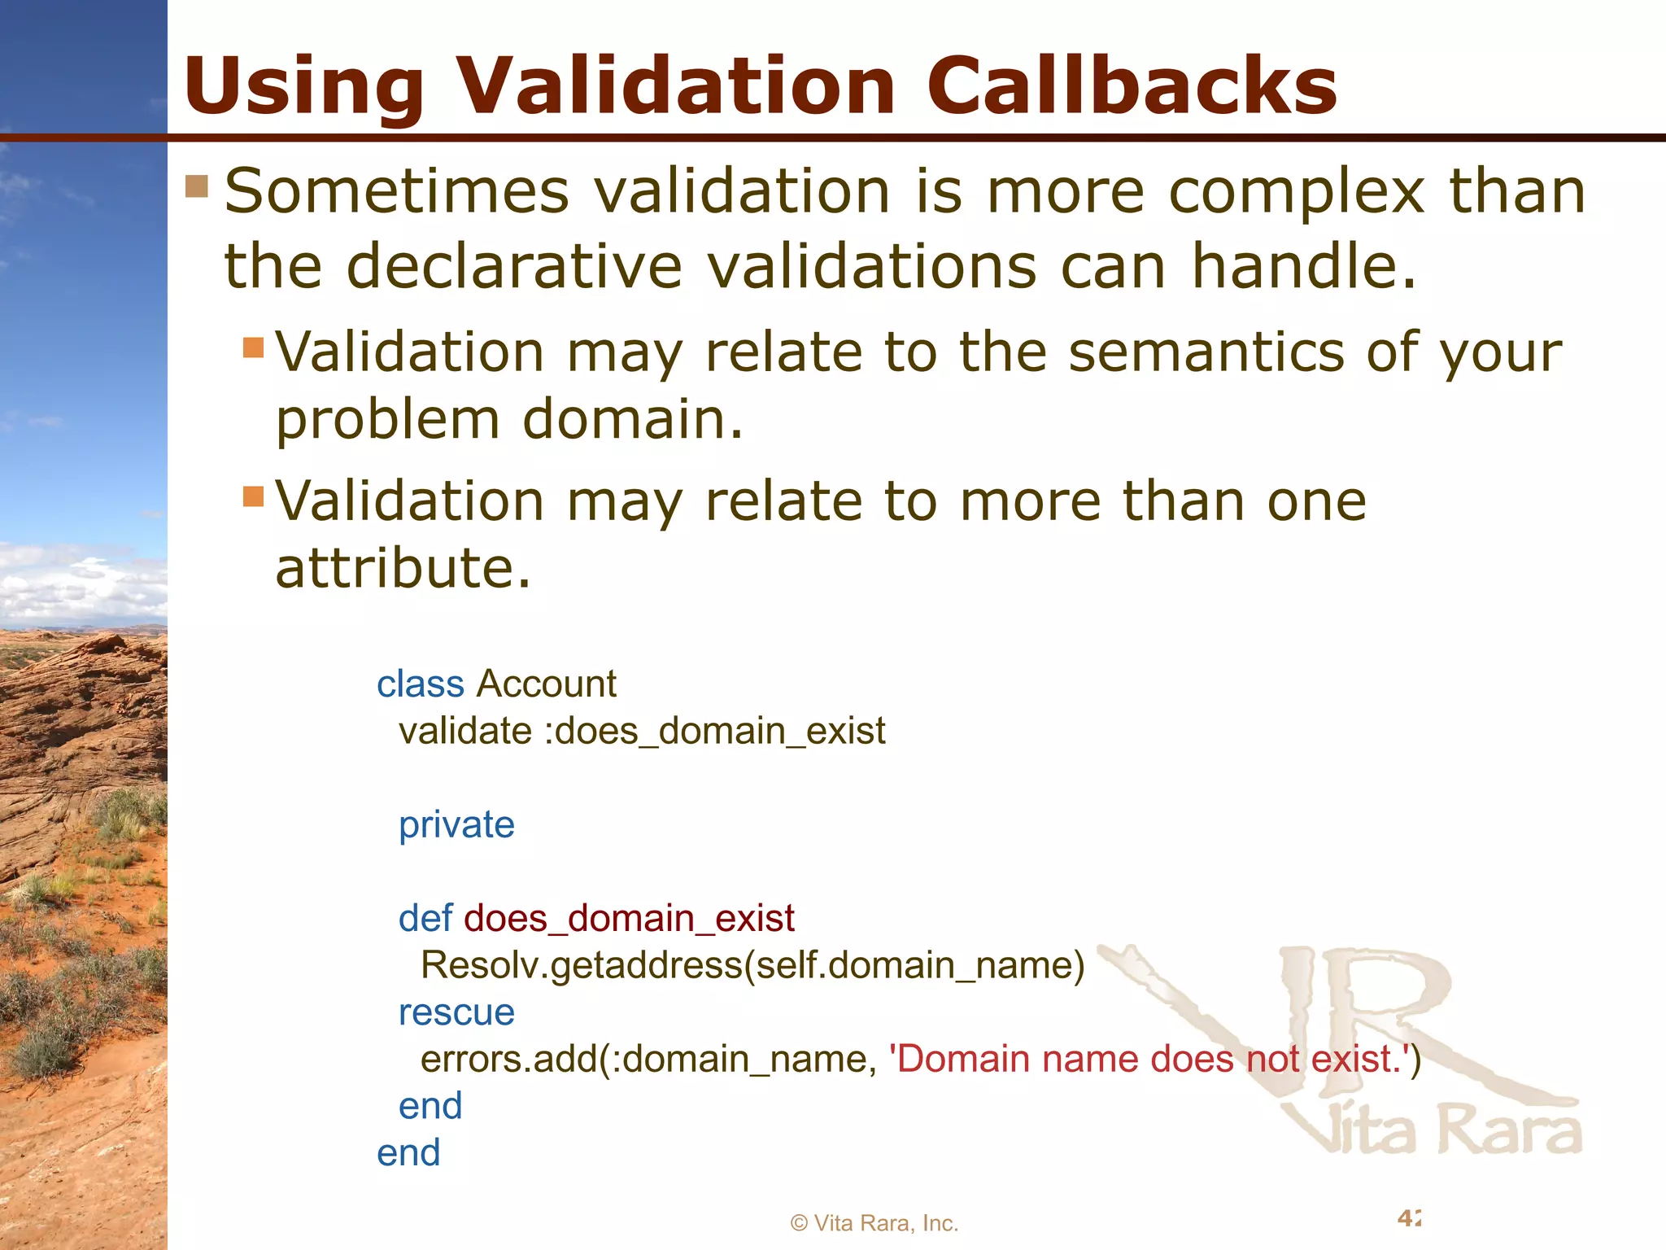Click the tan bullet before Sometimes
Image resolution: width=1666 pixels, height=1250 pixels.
(x=197, y=186)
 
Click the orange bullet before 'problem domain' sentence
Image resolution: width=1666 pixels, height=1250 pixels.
(x=254, y=347)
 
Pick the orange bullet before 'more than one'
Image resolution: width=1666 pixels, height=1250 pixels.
(x=254, y=496)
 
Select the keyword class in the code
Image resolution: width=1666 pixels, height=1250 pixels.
(x=420, y=684)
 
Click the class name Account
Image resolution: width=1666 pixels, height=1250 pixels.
(x=547, y=684)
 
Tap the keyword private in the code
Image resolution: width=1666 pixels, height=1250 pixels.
(x=456, y=825)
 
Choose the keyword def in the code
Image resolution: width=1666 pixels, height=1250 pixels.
(x=425, y=919)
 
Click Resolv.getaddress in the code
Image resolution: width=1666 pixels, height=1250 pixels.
(x=581, y=966)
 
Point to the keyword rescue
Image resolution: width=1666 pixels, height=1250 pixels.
(x=456, y=1013)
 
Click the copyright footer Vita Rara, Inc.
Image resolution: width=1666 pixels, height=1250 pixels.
(x=874, y=1223)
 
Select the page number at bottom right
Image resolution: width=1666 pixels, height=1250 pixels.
(x=1409, y=1218)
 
